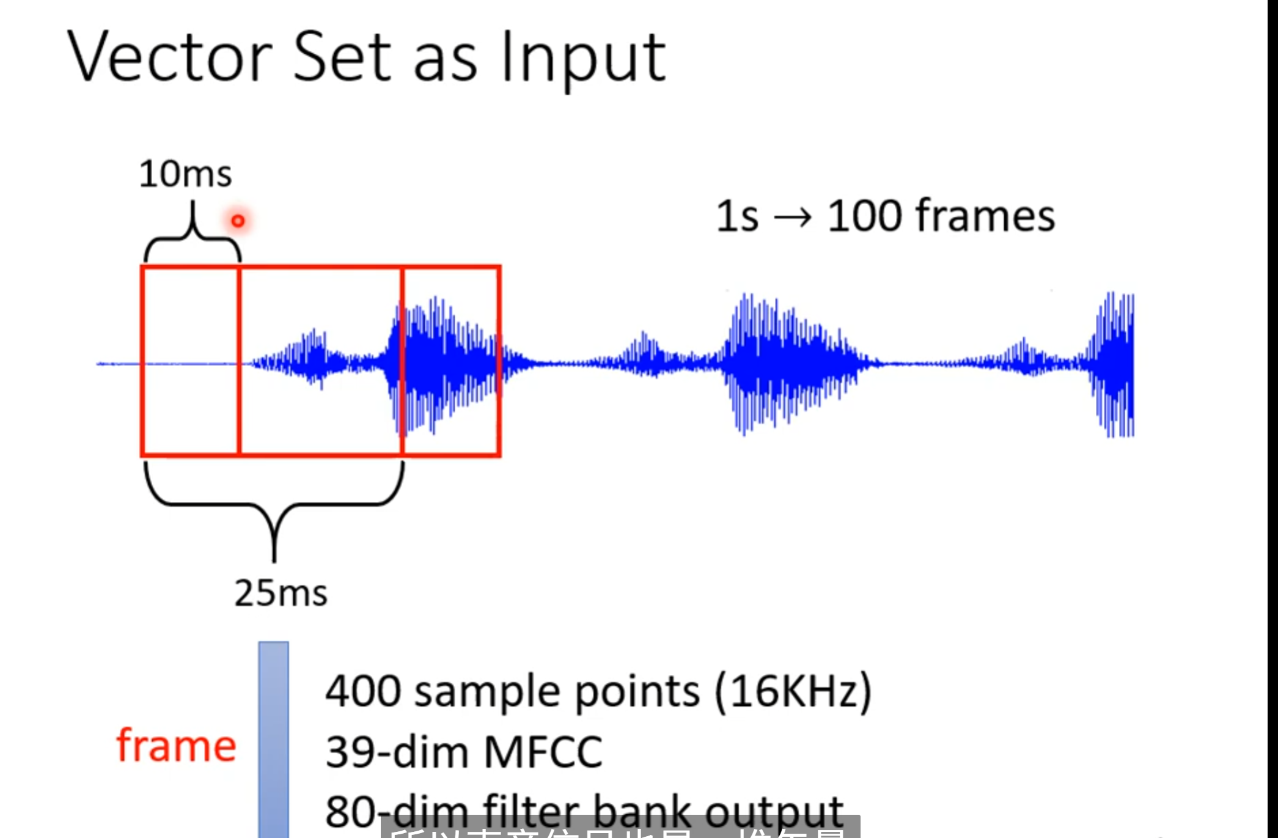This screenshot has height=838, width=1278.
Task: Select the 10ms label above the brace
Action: [x=185, y=174]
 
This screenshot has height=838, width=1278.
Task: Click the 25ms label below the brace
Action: [x=281, y=593]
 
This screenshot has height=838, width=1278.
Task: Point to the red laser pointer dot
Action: [x=238, y=221]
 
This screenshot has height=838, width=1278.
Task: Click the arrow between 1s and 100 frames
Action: [x=793, y=217]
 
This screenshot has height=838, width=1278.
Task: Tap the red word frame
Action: [x=176, y=746]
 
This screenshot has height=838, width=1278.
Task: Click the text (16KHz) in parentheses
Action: [x=794, y=691]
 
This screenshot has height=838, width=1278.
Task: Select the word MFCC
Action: [x=543, y=752]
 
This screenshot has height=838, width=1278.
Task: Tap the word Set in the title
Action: [x=342, y=57]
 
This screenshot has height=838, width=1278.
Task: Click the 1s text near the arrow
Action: [x=736, y=216]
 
